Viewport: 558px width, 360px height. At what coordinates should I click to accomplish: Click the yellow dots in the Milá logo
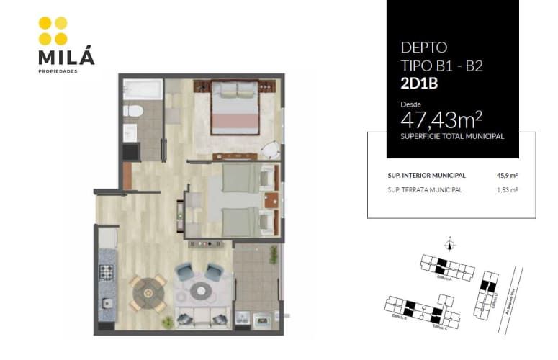pyautogui.click(x=53, y=31)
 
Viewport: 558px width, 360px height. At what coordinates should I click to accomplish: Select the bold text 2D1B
pyautogui.click(x=419, y=83)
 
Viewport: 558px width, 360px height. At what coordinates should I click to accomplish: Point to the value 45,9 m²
pyautogui.click(x=508, y=175)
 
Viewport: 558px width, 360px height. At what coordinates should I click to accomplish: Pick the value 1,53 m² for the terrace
pyautogui.click(x=508, y=190)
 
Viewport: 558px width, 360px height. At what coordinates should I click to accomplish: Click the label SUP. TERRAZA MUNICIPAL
pyautogui.click(x=425, y=190)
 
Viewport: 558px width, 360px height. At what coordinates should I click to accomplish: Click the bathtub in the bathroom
pyautogui.click(x=142, y=90)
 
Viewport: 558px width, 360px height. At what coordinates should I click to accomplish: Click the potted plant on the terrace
pyautogui.click(x=274, y=254)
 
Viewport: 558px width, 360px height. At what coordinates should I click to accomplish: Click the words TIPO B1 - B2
pyautogui.click(x=441, y=66)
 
